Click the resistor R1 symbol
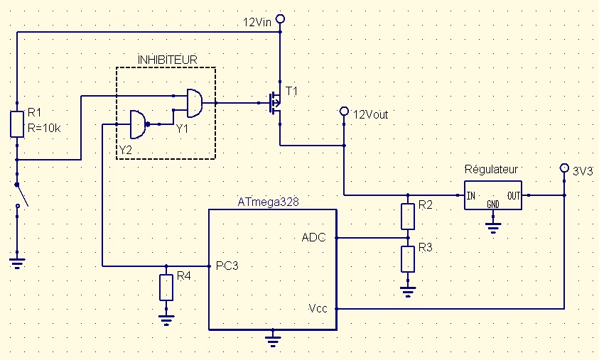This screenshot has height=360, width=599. (17, 124)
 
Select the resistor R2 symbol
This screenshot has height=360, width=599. (407, 216)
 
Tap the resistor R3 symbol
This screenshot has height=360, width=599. (407, 258)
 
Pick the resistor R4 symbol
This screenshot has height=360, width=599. (166, 287)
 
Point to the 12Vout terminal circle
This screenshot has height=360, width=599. (344, 111)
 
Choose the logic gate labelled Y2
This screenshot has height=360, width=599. (137, 124)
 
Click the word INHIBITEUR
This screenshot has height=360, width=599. (167, 58)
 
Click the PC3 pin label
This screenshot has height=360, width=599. (223, 266)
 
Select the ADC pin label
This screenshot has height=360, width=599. (313, 237)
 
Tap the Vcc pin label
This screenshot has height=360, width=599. (318, 309)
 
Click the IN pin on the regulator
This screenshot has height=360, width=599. (470, 195)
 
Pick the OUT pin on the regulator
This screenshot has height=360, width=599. (514, 195)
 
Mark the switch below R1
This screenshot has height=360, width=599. (21, 195)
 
